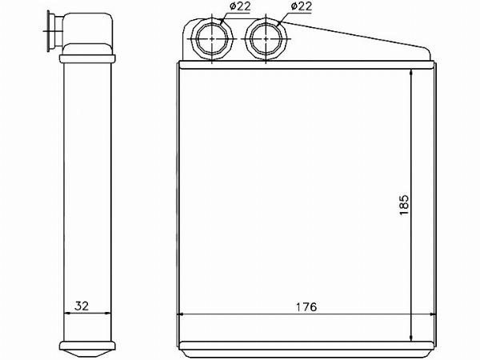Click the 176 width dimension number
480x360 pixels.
pyautogui.click(x=306, y=306)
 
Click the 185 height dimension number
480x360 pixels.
pyautogui.click(x=404, y=205)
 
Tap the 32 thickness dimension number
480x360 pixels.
pyautogui.click(x=82, y=306)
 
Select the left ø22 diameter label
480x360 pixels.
pyautogui.click(x=240, y=6)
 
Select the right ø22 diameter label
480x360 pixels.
pyautogui.click(x=301, y=6)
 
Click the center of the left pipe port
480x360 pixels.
pyautogui.click(x=212, y=39)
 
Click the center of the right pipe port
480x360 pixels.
pyautogui.click(x=266, y=39)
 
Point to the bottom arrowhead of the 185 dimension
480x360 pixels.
pyautogui.click(x=411, y=337)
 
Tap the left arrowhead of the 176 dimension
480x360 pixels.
pyautogui.click(x=181, y=314)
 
